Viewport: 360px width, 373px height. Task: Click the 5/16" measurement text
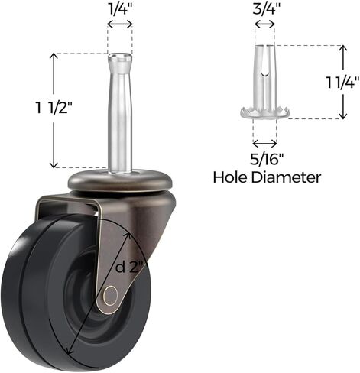pos(265,161)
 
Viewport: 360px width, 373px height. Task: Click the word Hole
pos(232,178)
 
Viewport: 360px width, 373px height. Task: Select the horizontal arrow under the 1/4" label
pos(120,24)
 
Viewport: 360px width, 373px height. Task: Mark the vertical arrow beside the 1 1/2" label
pos(53,111)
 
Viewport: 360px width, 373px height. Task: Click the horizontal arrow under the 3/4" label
pos(265,24)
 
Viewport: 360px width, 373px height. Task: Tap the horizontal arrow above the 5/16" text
pos(265,143)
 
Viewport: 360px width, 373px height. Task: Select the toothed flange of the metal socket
pos(265,114)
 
